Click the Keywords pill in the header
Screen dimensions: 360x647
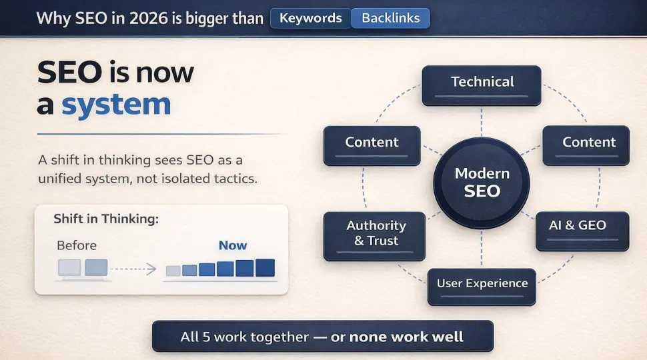310,19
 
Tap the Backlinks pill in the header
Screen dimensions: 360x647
390,19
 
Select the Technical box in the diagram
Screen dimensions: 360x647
482,85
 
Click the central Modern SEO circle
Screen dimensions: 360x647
482,182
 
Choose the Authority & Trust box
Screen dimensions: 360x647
376,235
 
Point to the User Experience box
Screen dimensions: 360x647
482,285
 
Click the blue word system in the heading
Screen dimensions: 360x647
116,105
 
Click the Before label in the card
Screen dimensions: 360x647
76,245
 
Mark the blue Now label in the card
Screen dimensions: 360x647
233,245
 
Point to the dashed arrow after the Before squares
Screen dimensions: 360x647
133,269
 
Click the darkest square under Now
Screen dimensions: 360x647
265,268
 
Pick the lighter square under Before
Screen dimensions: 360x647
69,268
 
